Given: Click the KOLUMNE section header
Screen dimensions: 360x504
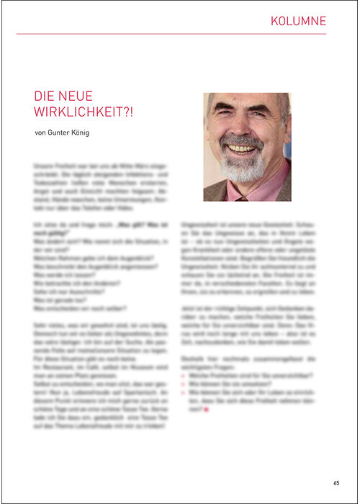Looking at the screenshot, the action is click(x=299, y=21).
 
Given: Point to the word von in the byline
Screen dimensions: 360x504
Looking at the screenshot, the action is click(x=40, y=132).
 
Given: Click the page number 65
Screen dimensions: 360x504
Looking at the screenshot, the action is click(x=336, y=482).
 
